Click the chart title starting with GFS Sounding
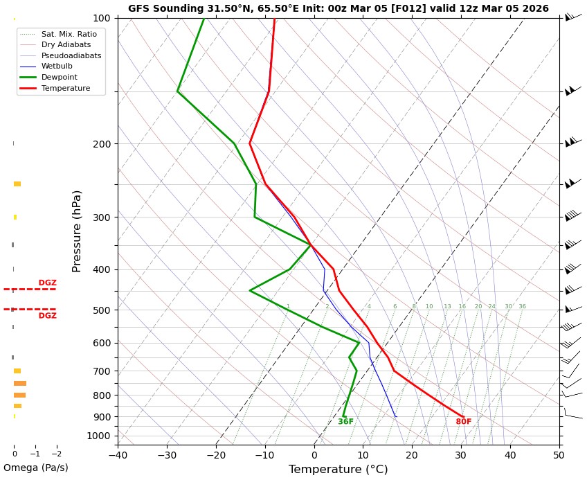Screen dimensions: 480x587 click(338, 9)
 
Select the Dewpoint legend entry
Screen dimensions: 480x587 click(59, 78)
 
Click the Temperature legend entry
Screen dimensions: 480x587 click(65, 89)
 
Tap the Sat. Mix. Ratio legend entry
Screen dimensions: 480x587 click(69, 34)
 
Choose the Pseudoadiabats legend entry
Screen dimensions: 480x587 click(71, 55)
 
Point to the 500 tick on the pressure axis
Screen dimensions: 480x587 click(101, 310)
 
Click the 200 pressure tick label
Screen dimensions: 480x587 click(101, 144)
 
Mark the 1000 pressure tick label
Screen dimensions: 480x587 click(98, 436)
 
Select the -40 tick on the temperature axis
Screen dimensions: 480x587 click(118, 455)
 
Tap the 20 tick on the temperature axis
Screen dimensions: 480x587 click(412, 455)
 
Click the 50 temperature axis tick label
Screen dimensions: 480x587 click(559, 455)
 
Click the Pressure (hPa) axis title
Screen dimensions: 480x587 click(77, 231)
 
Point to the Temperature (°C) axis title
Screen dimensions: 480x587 click(338, 470)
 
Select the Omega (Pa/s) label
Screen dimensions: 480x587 click(36, 468)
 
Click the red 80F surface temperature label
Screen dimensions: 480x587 click(463, 422)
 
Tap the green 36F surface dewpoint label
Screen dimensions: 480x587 click(345, 422)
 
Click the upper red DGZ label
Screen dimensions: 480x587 click(47, 283)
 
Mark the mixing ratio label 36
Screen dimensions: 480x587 click(522, 307)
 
